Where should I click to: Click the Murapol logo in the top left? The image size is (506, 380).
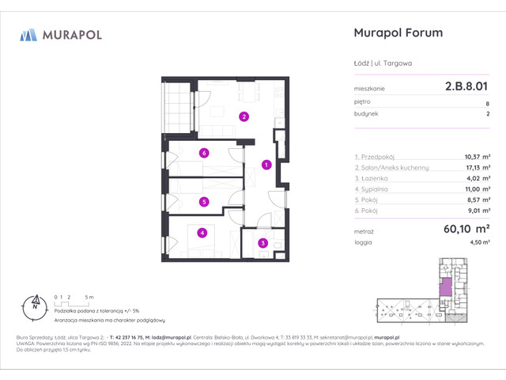60,34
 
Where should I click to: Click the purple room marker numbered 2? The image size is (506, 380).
245,117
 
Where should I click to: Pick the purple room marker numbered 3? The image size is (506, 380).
264,243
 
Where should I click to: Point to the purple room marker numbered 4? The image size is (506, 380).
202,233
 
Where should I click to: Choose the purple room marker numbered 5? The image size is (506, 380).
204,202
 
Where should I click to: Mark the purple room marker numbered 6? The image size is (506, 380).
204,154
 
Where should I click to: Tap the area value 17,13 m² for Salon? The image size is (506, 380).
476,167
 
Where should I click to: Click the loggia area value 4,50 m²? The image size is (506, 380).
478,244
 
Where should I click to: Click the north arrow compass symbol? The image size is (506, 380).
34,302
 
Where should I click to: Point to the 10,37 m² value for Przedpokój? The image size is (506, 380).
476,157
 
